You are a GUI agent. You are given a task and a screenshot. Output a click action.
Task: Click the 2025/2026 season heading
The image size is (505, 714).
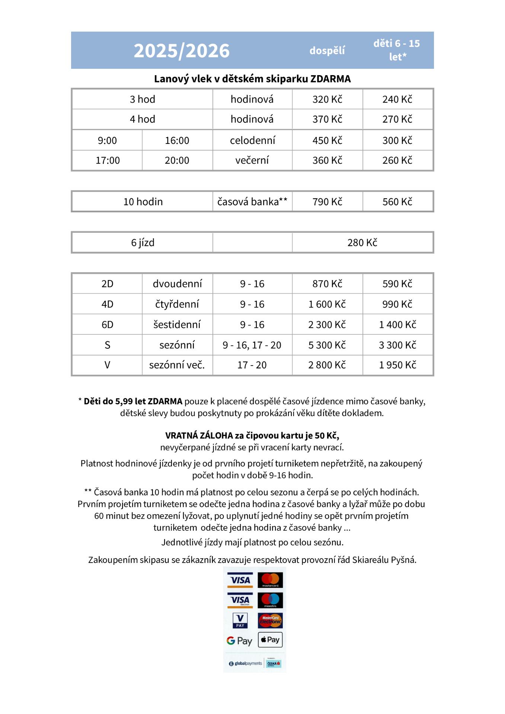pos(182,51)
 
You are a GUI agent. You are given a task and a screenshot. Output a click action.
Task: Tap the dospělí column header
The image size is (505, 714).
pos(327,51)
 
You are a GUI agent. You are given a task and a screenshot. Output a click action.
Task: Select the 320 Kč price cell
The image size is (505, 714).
pos(327,99)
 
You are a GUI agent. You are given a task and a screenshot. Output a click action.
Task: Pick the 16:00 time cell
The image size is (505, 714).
pos(177,141)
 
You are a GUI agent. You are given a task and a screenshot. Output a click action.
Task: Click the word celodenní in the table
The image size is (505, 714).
pos(252,141)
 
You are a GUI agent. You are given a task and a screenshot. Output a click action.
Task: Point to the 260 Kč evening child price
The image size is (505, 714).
pos(397,160)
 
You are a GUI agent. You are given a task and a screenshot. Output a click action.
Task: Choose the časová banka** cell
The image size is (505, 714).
pos(252,202)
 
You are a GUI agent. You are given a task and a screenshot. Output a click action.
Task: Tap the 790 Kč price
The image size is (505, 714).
pos(327,202)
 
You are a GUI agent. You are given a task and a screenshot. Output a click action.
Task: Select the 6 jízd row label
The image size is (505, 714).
pos(143,242)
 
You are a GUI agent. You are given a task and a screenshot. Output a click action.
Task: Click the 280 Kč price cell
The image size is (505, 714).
pos(362,242)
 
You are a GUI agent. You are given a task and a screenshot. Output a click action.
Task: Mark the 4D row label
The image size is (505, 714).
pos(107,304)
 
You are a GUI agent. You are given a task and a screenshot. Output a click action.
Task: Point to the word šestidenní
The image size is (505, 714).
pos(177,325)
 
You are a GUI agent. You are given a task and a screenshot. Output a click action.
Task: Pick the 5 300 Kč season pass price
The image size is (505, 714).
pos(327,345)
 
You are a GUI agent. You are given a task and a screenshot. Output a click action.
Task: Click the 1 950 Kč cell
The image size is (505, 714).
pos(397,365)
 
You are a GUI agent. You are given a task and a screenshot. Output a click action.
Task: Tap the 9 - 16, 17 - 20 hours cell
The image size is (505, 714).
pos(252,345)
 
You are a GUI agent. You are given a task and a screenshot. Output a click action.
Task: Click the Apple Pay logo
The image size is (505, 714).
pos(270,640)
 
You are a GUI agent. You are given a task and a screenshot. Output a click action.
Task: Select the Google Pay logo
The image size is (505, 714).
pos(239,641)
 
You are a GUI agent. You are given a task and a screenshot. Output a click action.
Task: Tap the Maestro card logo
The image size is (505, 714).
pos(270,600)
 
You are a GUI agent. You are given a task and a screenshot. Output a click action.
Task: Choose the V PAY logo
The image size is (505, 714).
pos(240,620)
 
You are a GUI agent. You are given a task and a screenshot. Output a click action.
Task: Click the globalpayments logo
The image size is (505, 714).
pos(246,663)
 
